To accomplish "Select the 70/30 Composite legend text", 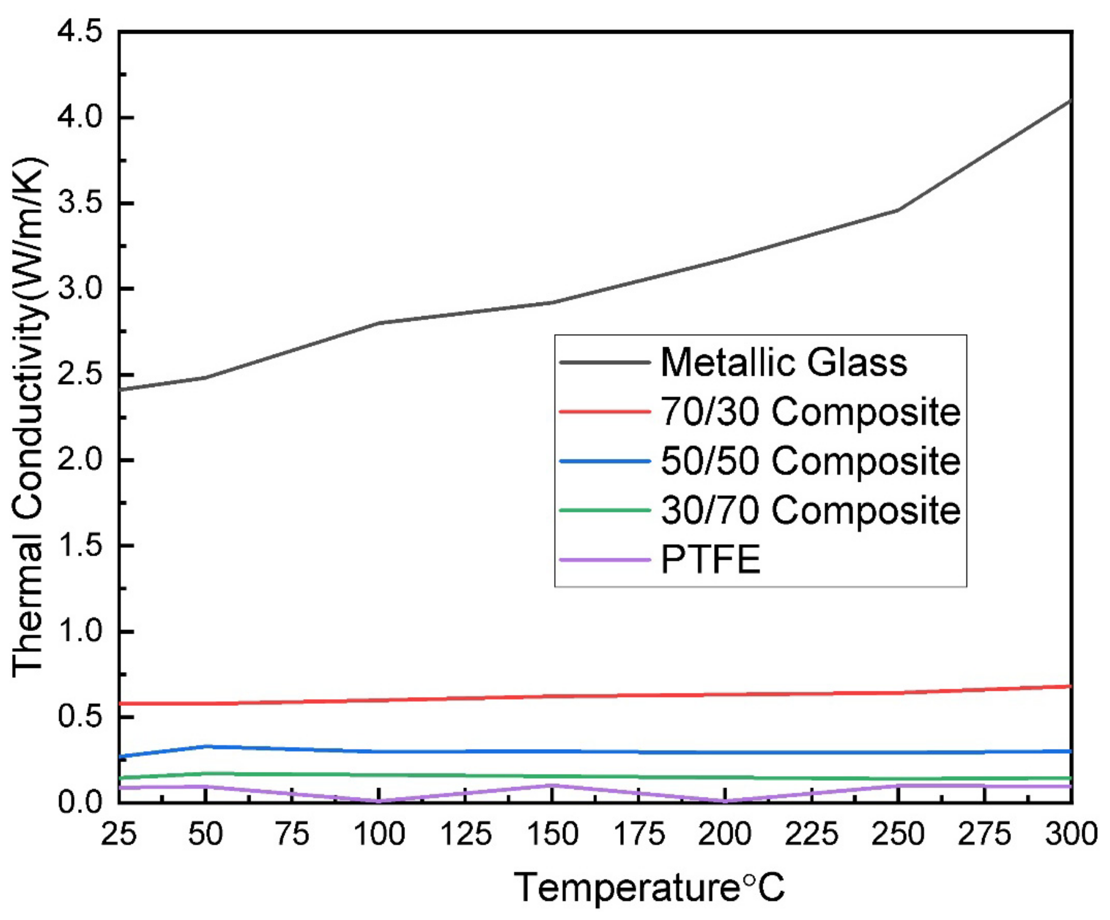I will click(x=810, y=412).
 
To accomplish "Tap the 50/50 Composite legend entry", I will click(x=810, y=461).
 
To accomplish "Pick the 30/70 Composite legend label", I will click(x=810, y=510).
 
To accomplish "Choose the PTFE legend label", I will click(x=711, y=559).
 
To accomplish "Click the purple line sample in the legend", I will click(x=604, y=559).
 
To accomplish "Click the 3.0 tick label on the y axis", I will click(x=79, y=289).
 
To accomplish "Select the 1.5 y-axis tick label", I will click(x=79, y=546).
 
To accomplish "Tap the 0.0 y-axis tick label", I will click(x=79, y=802).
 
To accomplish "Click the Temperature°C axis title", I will click(x=649, y=887).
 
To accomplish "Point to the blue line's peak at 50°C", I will click(x=206, y=746).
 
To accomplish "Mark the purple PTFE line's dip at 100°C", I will click(x=379, y=801).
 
